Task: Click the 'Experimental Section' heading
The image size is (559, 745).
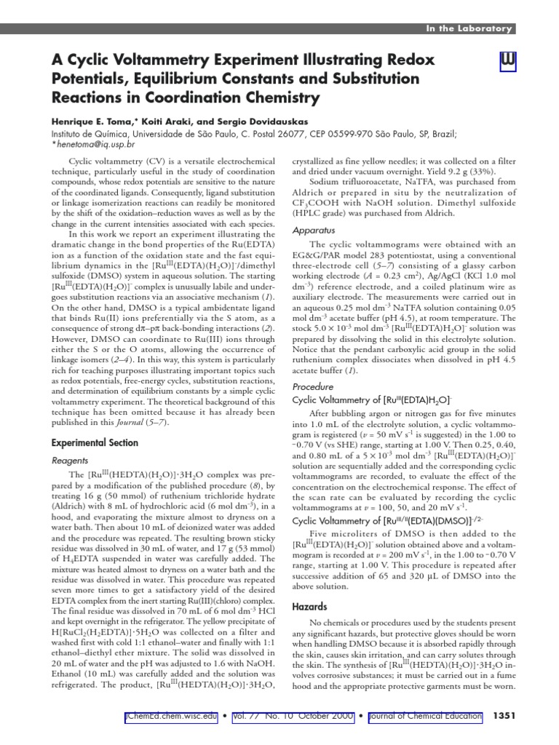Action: (x=94, y=442)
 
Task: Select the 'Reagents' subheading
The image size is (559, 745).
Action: (x=70, y=461)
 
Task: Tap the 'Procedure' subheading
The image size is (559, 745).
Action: (x=313, y=387)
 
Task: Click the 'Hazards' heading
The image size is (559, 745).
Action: (x=309, y=606)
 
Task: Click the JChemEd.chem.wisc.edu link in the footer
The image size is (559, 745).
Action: (x=171, y=717)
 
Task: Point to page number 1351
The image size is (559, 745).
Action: (x=504, y=717)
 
